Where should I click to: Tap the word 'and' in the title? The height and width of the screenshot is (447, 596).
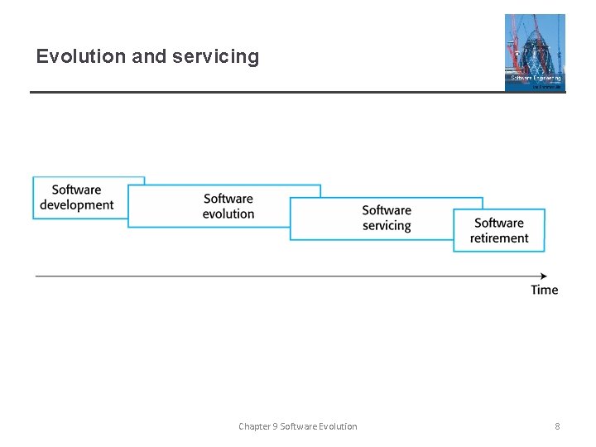tap(149, 56)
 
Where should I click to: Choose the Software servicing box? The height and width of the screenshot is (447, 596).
tap(387, 219)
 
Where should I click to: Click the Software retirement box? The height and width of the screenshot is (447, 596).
tap(499, 231)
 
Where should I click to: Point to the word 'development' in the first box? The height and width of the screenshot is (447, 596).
tap(77, 205)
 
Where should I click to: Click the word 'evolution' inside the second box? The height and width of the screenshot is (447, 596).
tap(228, 214)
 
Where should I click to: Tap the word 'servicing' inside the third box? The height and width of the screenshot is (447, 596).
tap(387, 226)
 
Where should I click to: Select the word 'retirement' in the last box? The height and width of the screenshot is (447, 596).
tap(499, 238)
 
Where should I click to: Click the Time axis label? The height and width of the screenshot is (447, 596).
tap(544, 290)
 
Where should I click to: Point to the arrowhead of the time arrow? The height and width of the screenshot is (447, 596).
tap(543, 276)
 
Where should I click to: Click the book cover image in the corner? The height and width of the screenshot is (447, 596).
tap(535, 52)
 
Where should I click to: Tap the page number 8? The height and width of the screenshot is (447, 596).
tap(557, 426)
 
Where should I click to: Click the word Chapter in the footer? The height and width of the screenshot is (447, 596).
tap(254, 426)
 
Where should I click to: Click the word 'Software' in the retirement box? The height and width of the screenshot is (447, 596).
tap(499, 223)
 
